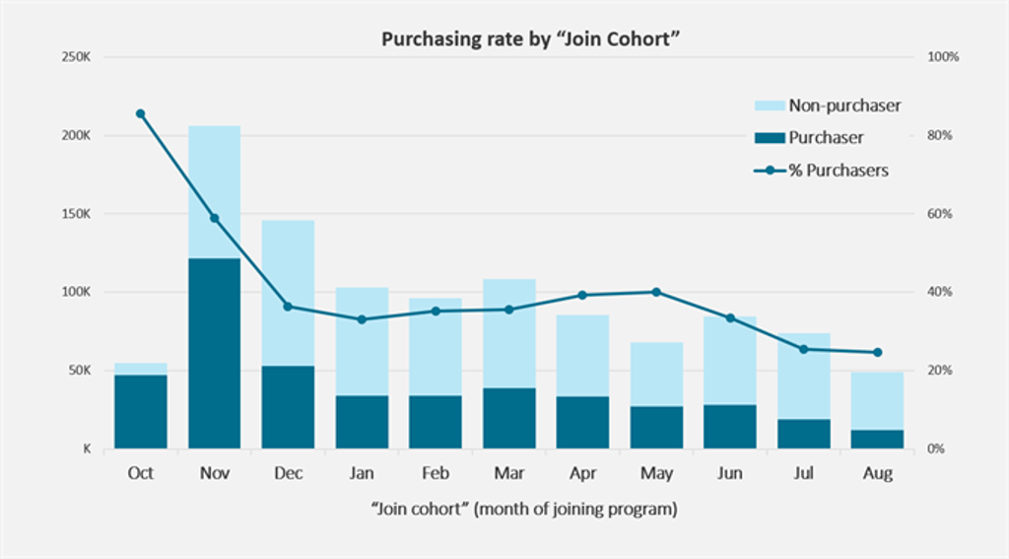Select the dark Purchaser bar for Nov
click(214, 353)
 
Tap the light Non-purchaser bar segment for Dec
click(288, 293)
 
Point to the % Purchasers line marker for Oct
click(141, 113)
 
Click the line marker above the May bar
click(656, 292)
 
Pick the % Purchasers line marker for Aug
click(878, 352)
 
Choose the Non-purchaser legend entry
click(827, 105)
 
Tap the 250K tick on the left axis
click(76, 57)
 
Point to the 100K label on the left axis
click(76, 293)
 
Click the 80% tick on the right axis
click(943, 136)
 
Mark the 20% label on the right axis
click(943, 371)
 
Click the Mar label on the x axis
click(509, 474)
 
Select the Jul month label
click(804, 474)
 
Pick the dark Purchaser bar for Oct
click(141, 411)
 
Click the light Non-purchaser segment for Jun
click(730, 360)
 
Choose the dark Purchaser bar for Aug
click(878, 439)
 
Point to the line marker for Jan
click(362, 319)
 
